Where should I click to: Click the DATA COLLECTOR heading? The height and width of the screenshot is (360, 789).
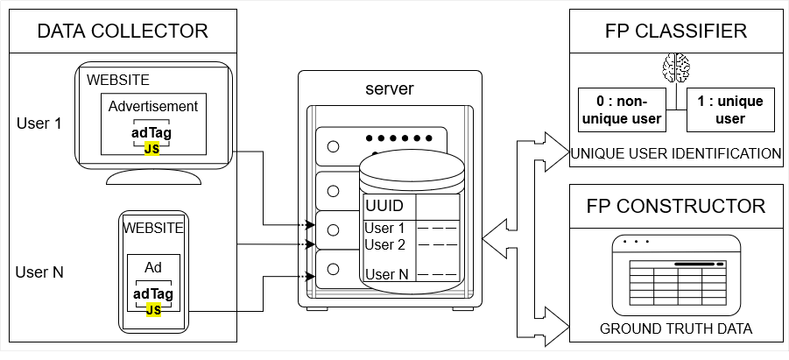pyautogui.click(x=123, y=32)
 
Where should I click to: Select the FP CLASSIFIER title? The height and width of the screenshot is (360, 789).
pyautogui.click(x=676, y=32)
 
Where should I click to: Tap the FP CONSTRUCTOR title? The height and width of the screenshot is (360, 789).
pyautogui.click(x=676, y=207)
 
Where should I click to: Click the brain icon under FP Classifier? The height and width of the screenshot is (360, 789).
pyautogui.click(x=677, y=67)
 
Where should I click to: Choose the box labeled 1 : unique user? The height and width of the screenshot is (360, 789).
pyautogui.click(x=729, y=109)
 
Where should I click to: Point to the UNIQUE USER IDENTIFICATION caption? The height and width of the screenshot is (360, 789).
pyautogui.click(x=675, y=154)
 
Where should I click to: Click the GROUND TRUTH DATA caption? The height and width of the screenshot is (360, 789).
pyautogui.click(x=676, y=329)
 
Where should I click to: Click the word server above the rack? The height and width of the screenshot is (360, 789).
pyautogui.click(x=389, y=89)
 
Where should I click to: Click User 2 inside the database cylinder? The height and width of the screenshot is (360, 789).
pyautogui.click(x=384, y=245)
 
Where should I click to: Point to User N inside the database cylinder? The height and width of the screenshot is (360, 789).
pyautogui.click(x=386, y=274)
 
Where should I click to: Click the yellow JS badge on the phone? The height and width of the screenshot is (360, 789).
pyautogui.click(x=153, y=309)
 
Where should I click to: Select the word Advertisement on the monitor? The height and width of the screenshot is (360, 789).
pyautogui.click(x=153, y=107)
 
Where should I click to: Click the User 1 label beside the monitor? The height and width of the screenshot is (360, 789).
pyautogui.click(x=39, y=123)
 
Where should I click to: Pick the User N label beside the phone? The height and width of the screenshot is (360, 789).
pyautogui.click(x=39, y=272)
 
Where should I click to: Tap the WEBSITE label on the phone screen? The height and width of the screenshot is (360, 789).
pyautogui.click(x=153, y=228)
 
